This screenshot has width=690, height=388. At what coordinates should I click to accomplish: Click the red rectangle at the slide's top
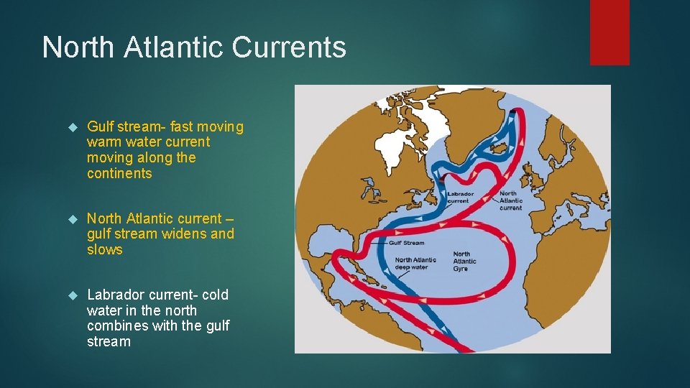[x=609, y=32]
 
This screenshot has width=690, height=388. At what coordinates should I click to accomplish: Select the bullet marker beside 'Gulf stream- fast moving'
[x=71, y=127]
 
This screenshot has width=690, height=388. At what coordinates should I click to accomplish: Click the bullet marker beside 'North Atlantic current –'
[x=71, y=219]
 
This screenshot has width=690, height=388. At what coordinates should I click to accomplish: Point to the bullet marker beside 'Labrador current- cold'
[x=71, y=295]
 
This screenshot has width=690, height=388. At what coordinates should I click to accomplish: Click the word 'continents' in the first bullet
[x=119, y=173]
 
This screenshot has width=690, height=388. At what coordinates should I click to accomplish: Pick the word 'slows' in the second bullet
[x=105, y=250]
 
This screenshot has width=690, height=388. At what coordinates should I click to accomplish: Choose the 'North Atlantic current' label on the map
[x=510, y=200]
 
